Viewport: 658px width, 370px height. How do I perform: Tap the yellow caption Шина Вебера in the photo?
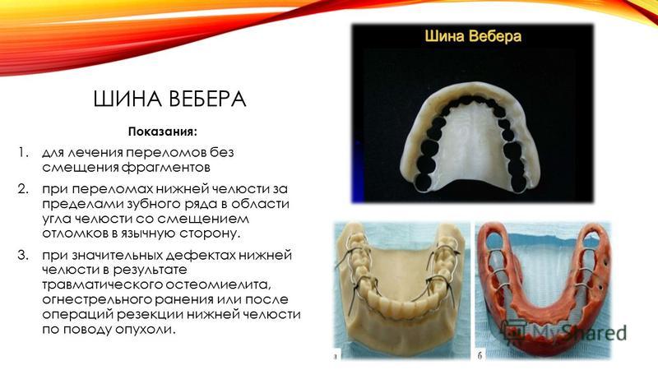pyautogui.click(x=473, y=36)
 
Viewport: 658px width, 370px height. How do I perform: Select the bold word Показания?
pyautogui.click(x=162, y=132)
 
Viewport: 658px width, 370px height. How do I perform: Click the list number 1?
pyautogui.click(x=23, y=152)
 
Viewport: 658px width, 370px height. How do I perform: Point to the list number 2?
pyautogui.click(x=24, y=189)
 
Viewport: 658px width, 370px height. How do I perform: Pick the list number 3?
pyautogui.click(x=24, y=255)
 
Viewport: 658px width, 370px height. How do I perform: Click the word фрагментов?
pyautogui.click(x=166, y=168)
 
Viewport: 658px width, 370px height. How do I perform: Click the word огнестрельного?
pyautogui.click(x=99, y=300)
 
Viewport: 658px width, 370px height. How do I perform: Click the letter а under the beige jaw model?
pyautogui.click(x=336, y=357)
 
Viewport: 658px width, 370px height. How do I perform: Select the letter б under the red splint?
pyautogui.click(x=480, y=355)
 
